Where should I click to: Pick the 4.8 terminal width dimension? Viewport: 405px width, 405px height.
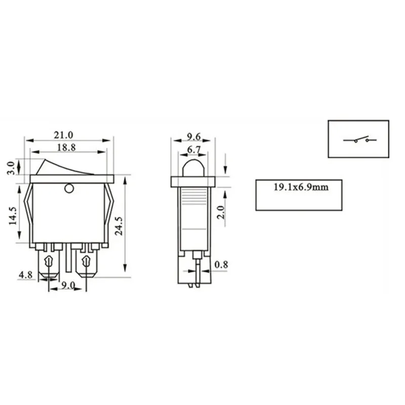click(25, 276)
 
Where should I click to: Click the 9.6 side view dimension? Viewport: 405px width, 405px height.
click(194, 136)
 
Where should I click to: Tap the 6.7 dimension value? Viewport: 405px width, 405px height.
click(193, 150)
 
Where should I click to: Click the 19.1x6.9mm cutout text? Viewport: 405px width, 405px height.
click(298, 187)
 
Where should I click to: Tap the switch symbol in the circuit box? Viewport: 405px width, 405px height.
click(359, 139)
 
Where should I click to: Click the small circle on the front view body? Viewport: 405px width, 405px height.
click(69, 189)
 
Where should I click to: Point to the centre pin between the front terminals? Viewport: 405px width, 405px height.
click(67, 261)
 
